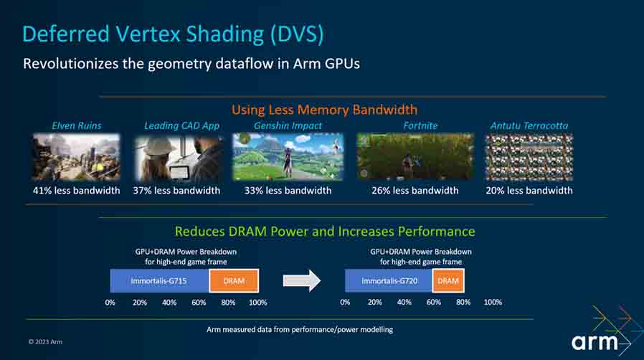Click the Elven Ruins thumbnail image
pyautogui.click(x=76, y=156)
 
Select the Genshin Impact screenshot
pyautogui.click(x=288, y=156)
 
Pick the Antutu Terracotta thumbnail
pyautogui.click(x=529, y=156)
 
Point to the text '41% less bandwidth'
pyautogui.click(x=76, y=191)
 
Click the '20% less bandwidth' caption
pyautogui.click(x=529, y=191)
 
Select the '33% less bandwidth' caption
pyautogui.click(x=288, y=191)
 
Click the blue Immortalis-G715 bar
pyautogui.click(x=159, y=280)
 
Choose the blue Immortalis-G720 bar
pyautogui.click(x=388, y=280)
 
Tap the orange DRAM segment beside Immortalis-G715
pyautogui.click(x=234, y=280)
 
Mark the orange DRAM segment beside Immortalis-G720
pyautogui.click(x=448, y=280)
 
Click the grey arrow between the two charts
pyautogui.click(x=301, y=280)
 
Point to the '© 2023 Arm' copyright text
pyautogui.click(x=45, y=341)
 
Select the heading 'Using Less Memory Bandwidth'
pyautogui.click(x=324, y=110)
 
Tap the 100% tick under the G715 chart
pyautogui.click(x=257, y=303)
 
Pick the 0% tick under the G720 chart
pyautogui.click(x=345, y=303)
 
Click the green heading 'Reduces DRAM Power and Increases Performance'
pyautogui.click(x=325, y=232)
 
